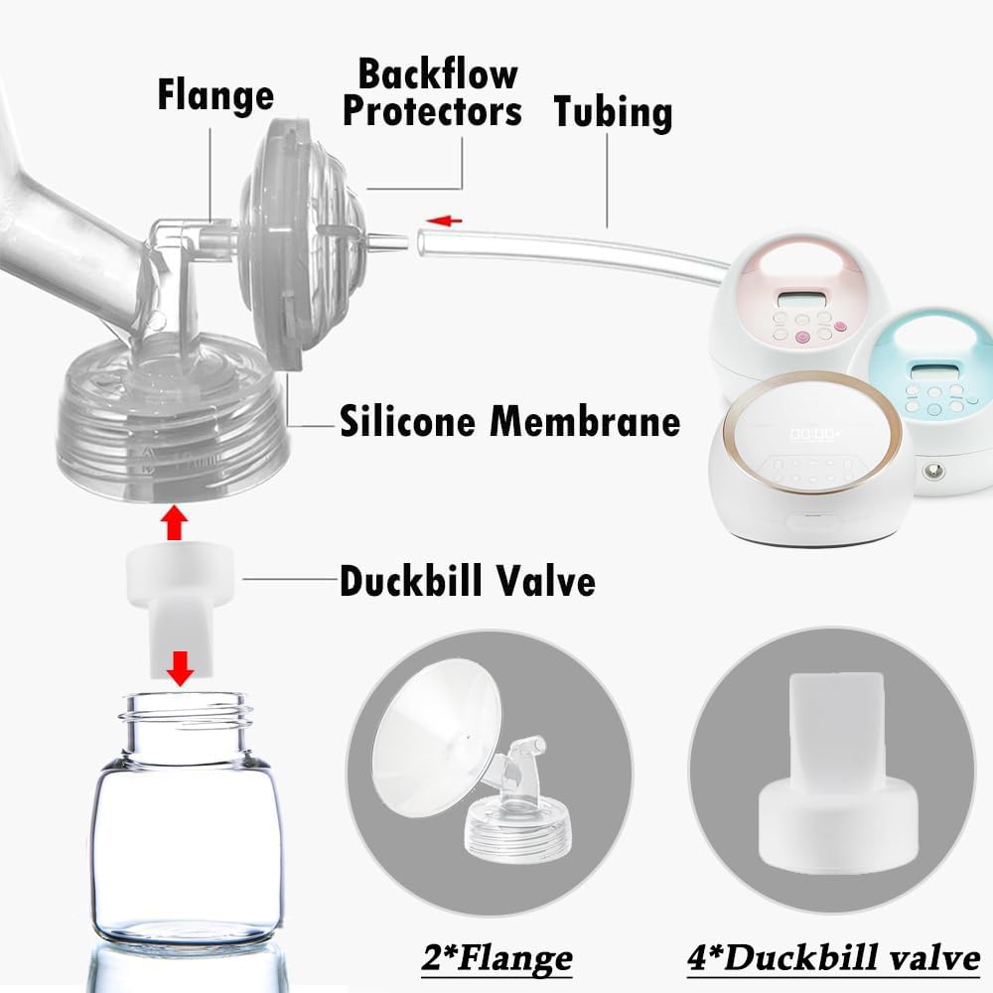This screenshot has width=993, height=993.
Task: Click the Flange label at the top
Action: point(214,95)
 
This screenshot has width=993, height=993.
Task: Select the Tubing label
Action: point(613,111)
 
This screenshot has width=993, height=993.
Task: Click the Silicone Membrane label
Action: point(510,421)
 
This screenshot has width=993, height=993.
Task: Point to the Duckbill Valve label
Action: point(467,581)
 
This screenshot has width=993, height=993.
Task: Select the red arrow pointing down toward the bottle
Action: point(179,669)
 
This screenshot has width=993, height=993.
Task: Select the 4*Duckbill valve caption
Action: point(833,957)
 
